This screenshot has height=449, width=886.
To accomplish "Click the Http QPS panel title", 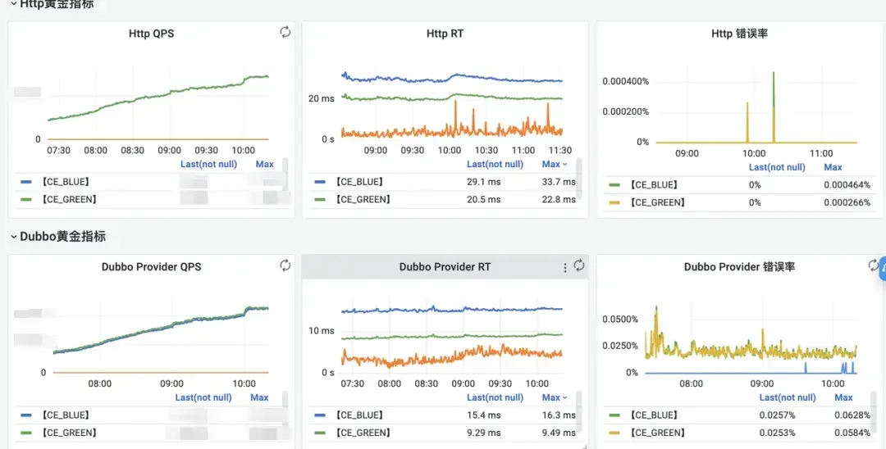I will [x=151, y=34].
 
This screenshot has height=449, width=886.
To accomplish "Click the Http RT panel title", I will [x=445, y=34].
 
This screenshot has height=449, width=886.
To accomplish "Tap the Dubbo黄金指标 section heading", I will [x=62, y=236].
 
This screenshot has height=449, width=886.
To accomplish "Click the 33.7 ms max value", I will [x=558, y=182].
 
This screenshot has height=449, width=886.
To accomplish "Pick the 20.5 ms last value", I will [x=483, y=199].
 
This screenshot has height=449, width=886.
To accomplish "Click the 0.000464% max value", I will [x=847, y=184].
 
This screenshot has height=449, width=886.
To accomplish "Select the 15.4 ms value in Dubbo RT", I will [x=483, y=415].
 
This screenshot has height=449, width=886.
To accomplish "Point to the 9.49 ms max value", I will [x=558, y=433].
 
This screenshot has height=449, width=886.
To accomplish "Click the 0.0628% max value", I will [x=853, y=415].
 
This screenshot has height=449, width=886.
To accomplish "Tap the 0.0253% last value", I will [x=778, y=433].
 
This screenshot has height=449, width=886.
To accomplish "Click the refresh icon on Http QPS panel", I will [x=285, y=32].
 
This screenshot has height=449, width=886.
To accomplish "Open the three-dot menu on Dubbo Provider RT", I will [x=564, y=267].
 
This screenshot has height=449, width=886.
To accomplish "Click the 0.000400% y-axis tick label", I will [x=625, y=81].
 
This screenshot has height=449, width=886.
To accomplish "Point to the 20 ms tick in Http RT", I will [x=321, y=98].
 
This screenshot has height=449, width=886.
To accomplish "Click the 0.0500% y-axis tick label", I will [x=621, y=319].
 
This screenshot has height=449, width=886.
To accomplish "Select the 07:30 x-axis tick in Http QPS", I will [x=58, y=151].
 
